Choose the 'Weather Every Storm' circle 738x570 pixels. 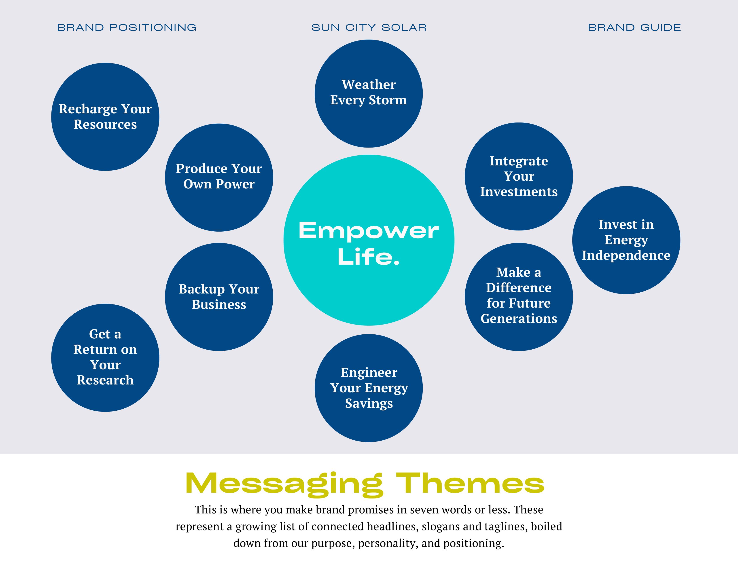point(368,93)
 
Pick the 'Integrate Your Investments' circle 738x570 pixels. point(519,176)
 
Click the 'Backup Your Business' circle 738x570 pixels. point(219,297)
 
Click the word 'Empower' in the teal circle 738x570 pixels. point(368,231)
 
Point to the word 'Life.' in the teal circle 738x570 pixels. point(368,257)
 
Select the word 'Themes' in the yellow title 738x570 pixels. point(470,483)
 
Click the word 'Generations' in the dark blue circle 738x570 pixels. point(519,319)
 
